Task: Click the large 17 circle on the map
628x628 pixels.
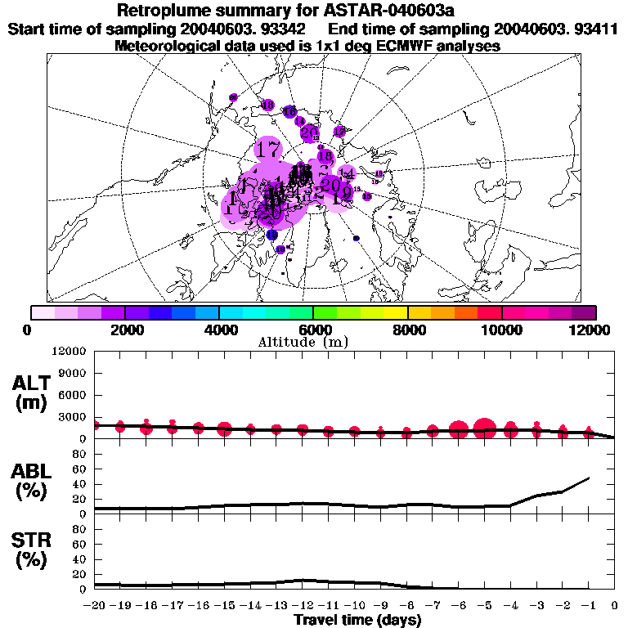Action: point(267,150)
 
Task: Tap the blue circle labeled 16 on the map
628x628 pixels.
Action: point(289,111)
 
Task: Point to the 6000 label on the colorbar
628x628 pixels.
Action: point(313,330)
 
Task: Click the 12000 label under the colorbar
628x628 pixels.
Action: point(594,330)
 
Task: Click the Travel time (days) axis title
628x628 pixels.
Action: point(357,621)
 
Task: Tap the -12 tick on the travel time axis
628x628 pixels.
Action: point(303,606)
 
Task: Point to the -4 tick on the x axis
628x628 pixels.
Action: point(510,606)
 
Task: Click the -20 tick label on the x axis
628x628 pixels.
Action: point(95,606)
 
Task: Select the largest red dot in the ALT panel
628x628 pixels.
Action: point(485,428)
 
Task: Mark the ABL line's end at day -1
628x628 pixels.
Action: point(589,478)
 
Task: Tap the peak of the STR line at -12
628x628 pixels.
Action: point(303,580)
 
